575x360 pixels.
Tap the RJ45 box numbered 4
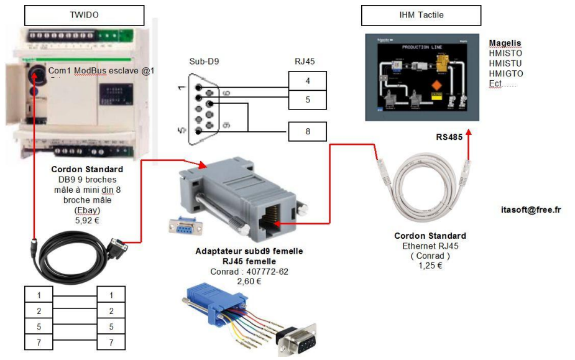(x=307, y=81)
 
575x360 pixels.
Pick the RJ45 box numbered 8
(x=307, y=131)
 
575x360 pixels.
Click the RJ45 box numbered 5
(x=307, y=99)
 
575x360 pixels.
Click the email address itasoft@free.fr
(x=530, y=210)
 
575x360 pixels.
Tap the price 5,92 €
(x=87, y=220)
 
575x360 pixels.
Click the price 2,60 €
(x=249, y=281)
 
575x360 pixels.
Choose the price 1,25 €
(x=430, y=265)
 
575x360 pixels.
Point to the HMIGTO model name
(x=506, y=73)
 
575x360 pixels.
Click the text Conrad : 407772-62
(x=249, y=272)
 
